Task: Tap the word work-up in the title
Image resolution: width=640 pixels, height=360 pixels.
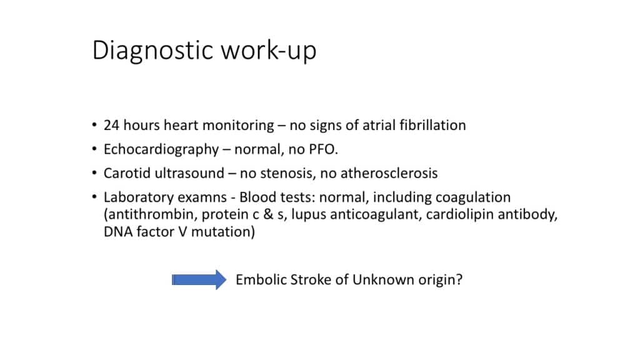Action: click(x=269, y=51)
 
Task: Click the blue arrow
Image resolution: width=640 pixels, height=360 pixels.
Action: click(x=199, y=279)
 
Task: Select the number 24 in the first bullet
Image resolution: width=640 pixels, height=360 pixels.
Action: click(x=111, y=125)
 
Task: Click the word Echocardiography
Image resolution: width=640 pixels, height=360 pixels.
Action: click(x=161, y=150)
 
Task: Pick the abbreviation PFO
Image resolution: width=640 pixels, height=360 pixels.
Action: click(x=323, y=149)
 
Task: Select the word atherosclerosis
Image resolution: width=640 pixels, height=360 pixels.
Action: click(x=389, y=173)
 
